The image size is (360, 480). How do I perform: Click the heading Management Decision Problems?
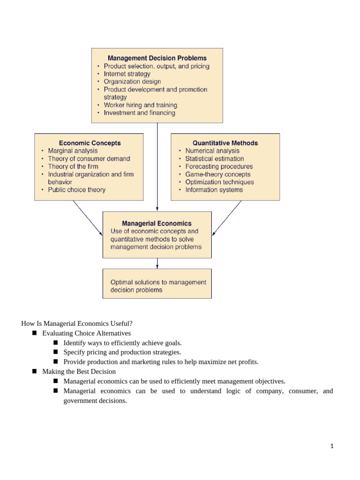[157, 58]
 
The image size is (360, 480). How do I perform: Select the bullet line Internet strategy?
[127, 74]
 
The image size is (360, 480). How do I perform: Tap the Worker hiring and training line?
[140, 105]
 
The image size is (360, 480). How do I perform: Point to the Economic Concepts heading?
[90, 143]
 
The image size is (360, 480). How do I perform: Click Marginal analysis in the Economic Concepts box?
[73, 151]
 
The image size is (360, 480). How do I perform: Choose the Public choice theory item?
[76, 190]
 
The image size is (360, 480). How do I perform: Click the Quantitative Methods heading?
[225, 143]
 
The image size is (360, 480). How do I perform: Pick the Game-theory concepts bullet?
[217, 174]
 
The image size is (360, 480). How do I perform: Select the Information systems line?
[214, 190]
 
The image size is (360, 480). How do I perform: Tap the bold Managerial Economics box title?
[157, 224]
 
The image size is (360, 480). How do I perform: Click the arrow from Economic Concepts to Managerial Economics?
[88, 218]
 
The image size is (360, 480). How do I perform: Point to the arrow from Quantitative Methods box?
[227, 218]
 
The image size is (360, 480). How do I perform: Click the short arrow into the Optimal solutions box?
[157, 263]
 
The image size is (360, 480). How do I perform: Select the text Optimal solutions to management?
[158, 282]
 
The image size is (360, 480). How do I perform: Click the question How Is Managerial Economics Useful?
[77, 323]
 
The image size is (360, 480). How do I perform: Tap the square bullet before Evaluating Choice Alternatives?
[34, 333]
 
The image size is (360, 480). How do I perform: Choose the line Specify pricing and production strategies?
[122, 352]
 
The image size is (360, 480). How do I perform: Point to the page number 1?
[331, 447]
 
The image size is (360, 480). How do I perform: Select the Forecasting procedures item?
[219, 166]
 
